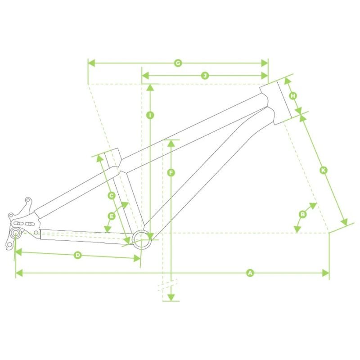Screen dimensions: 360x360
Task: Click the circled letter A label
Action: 250,273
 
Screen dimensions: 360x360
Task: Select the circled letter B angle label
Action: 303,215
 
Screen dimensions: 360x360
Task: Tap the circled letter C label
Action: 112,196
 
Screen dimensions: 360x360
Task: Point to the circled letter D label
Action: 78,255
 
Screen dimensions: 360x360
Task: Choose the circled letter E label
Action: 112,216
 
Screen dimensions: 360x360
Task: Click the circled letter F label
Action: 171,173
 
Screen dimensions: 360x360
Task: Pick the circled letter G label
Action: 178,63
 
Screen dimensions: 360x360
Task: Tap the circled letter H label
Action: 293,96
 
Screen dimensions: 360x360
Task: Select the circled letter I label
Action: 150,115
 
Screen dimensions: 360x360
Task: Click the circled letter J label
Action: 205,76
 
